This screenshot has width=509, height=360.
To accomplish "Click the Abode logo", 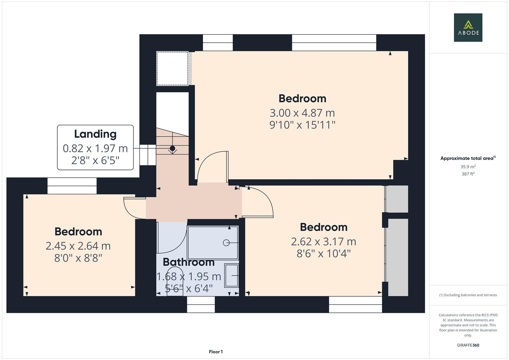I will [x=468, y=27].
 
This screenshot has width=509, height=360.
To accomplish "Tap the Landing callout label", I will [x=95, y=147].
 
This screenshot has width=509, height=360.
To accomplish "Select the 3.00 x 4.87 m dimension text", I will [x=302, y=113].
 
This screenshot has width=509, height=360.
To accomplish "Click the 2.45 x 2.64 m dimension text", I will [x=78, y=246].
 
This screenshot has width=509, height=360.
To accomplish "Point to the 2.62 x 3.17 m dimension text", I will [x=323, y=241].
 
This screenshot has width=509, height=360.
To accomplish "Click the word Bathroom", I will [x=189, y=262].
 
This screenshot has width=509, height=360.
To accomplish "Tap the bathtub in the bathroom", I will [x=213, y=242].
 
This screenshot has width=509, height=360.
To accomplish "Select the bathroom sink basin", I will [x=231, y=275].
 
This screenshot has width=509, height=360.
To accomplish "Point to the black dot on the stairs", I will [x=172, y=148].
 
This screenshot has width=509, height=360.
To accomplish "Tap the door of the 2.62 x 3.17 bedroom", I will [x=258, y=203].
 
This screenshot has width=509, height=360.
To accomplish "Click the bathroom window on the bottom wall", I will [x=201, y=304].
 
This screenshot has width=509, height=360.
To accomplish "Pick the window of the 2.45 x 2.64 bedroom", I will [x=72, y=186].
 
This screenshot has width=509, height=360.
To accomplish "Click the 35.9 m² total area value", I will [x=468, y=167].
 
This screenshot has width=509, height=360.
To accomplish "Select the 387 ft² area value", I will [x=468, y=174].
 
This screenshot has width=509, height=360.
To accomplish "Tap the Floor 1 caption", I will [x=216, y=352].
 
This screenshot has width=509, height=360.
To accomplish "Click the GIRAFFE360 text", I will [x=468, y=345].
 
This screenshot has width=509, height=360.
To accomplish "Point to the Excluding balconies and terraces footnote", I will [x=468, y=295].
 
